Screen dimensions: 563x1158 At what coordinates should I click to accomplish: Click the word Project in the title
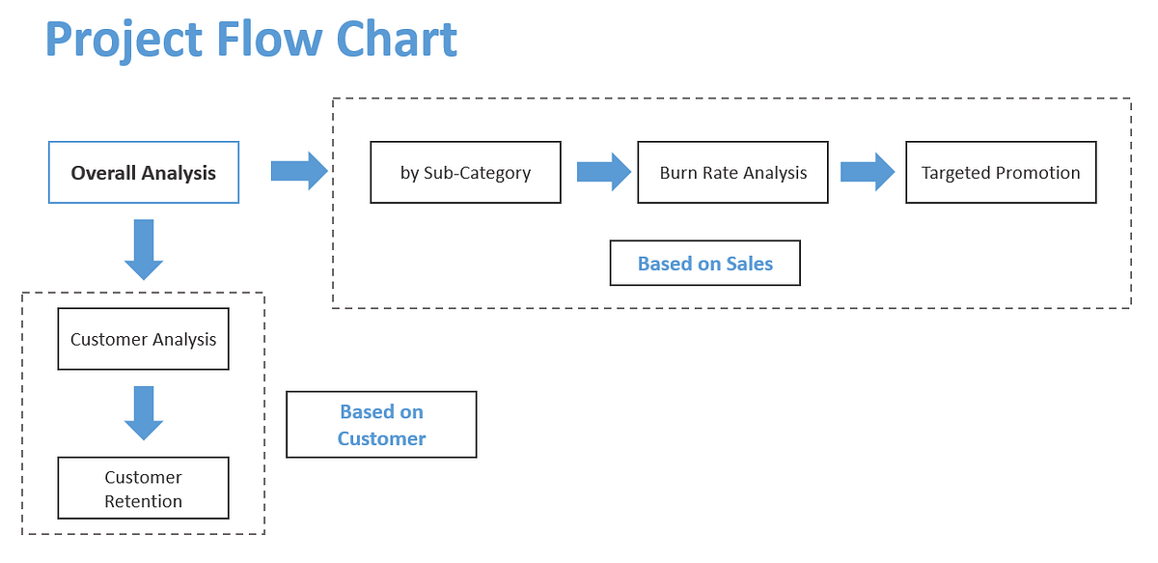(123, 41)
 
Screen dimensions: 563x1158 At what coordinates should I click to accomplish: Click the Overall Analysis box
(144, 173)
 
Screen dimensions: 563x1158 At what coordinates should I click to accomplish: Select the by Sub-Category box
(465, 173)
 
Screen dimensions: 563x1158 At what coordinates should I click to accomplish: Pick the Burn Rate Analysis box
(732, 173)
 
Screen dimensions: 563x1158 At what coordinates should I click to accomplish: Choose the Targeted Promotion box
(1001, 173)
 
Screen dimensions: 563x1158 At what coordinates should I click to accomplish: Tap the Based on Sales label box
(704, 264)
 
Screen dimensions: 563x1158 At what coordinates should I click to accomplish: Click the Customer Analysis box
(144, 339)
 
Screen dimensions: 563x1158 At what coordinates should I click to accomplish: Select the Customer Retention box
(144, 489)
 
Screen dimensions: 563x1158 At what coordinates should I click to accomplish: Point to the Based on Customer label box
(381, 425)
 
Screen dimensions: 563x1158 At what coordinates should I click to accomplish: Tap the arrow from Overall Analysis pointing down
(144, 249)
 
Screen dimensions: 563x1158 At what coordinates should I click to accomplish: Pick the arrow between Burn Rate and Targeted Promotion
(867, 171)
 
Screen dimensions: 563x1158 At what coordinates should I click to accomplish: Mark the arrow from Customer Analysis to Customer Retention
(144, 413)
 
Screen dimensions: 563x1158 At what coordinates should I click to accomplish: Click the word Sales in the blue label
(750, 264)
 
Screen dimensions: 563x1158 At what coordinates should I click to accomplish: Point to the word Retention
(144, 501)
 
